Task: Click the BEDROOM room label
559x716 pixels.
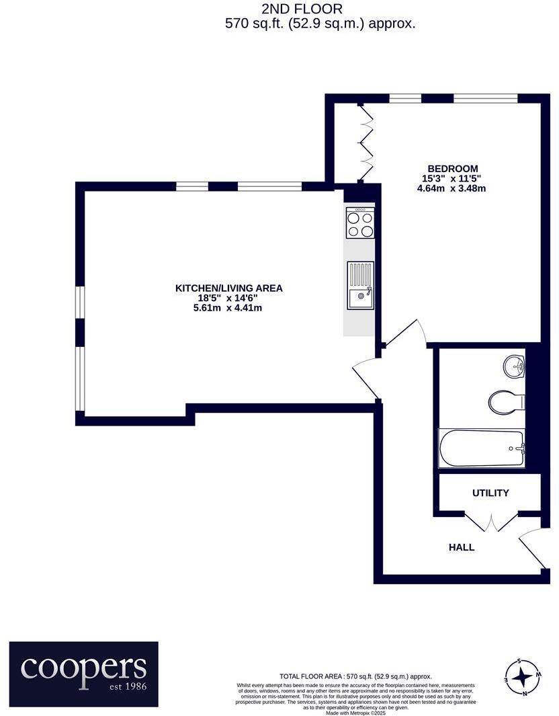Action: pos(452,169)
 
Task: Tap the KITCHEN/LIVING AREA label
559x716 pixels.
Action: pos(228,288)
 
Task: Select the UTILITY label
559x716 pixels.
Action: pos(490,493)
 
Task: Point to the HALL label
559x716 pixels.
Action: pos(461,547)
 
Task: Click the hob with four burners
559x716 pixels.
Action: pos(360,223)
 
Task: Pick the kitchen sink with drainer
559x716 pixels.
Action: pos(360,285)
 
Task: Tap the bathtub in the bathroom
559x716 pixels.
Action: pos(481,448)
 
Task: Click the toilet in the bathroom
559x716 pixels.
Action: pos(505,402)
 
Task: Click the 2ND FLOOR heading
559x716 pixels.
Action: pos(302,9)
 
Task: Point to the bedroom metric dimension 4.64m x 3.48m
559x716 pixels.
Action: pos(451,188)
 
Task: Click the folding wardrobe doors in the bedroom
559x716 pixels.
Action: pos(367,143)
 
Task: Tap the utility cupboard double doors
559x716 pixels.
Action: pos(491,522)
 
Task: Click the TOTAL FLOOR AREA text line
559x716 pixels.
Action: pos(355,676)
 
